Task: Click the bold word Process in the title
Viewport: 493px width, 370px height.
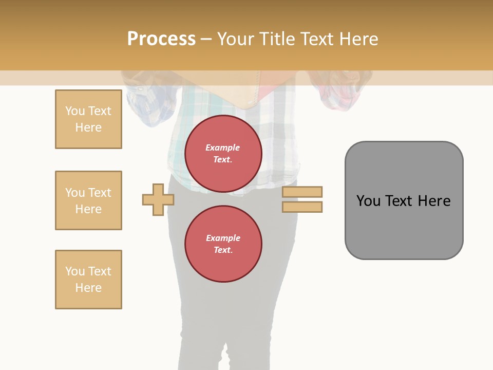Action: click(x=161, y=39)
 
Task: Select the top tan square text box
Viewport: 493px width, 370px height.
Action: click(x=88, y=119)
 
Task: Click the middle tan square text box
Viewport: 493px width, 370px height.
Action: click(x=88, y=200)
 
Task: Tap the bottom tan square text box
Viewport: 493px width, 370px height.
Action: click(x=88, y=280)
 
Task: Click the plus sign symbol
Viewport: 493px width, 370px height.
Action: click(x=158, y=199)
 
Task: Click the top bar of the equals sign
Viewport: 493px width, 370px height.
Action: click(x=302, y=192)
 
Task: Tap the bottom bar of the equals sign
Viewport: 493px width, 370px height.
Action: click(x=302, y=207)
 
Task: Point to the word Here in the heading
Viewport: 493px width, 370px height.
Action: click(x=359, y=39)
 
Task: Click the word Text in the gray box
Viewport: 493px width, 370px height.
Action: click(x=399, y=201)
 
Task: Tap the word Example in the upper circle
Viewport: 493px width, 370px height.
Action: click(x=223, y=147)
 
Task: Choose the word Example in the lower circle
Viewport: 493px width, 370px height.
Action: click(x=223, y=238)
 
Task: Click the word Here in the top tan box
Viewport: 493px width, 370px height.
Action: click(x=88, y=127)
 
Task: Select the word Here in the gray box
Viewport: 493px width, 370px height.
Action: click(x=434, y=201)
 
